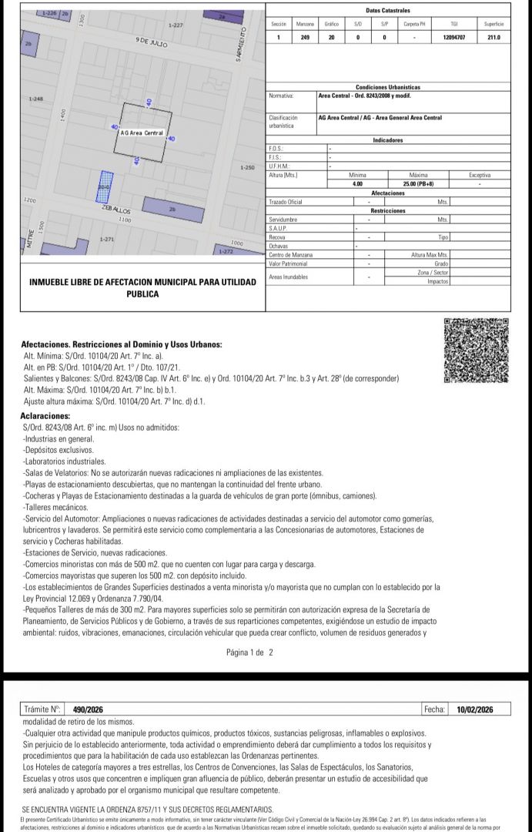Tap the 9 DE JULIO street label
pyautogui.click(x=151, y=42)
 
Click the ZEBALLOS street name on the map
pyautogui.click(x=116, y=210)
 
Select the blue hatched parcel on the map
pyautogui.click(x=103, y=183)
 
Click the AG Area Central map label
pyautogui.click(x=142, y=133)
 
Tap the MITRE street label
pyautogui.click(x=30, y=236)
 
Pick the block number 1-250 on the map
pyautogui.click(x=247, y=167)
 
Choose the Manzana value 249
pyautogui.click(x=305, y=36)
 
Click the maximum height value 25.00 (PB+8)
pyautogui.click(x=422, y=183)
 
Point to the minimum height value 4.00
pyautogui.click(x=357, y=183)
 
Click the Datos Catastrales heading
pyautogui.click(x=387, y=11)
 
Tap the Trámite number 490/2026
pyautogui.click(x=88, y=710)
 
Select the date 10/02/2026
pyautogui.click(x=474, y=710)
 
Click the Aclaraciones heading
pyautogui.click(x=45, y=415)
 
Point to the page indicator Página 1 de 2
pyautogui.click(x=249, y=652)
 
